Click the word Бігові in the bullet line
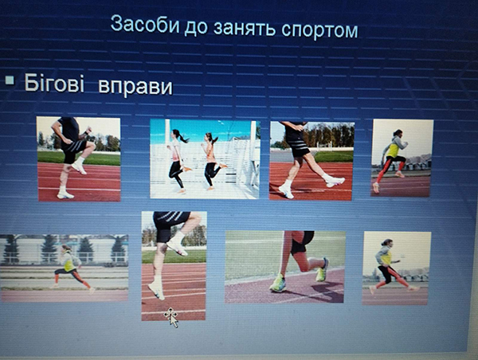click(54, 82)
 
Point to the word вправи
click(135, 87)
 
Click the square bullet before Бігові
click(10, 80)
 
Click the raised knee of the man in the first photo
click(90, 146)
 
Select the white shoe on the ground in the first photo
click(65, 194)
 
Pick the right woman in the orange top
click(213, 161)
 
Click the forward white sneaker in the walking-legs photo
click(334, 181)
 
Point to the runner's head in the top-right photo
click(398, 132)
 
